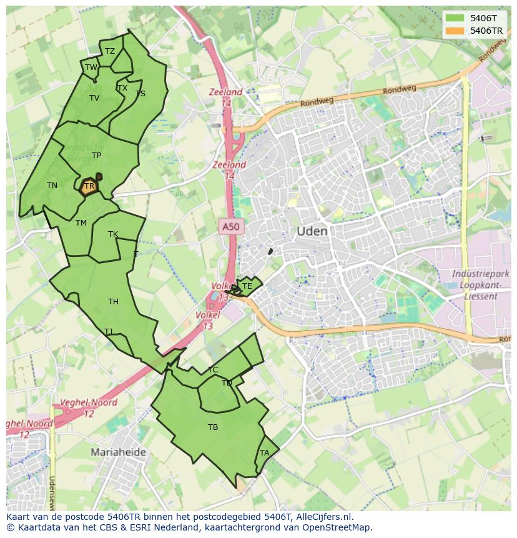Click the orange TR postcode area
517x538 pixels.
click(x=89, y=186)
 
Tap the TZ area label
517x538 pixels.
click(x=110, y=51)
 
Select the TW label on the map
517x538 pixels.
click(x=91, y=67)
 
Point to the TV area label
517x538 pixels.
click(x=94, y=98)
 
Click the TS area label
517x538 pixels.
click(x=140, y=94)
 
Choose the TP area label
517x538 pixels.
click(x=96, y=156)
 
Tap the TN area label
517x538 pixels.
click(x=52, y=186)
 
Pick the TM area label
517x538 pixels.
click(x=81, y=223)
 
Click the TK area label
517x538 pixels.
click(x=113, y=234)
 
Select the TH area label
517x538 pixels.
click(x=113, y=302)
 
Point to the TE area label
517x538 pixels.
click(x=247, y=286)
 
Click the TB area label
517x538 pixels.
click(x=213, y=427)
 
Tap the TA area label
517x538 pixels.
click(x=265, y=453)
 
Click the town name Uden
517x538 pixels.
click(x=312, y=231)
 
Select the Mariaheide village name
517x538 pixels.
click(x=118, y=452)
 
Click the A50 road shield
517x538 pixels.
click(x=230, y=226)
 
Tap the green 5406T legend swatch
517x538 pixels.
click(x=455, y=18)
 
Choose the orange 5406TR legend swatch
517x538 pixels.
click(x=455, y=31)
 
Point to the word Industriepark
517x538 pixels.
click(x=481, y=274)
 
